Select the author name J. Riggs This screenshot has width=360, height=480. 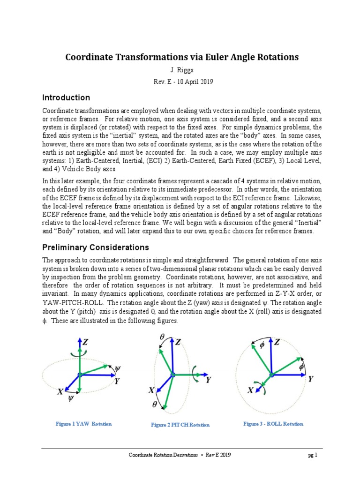(x=180, y=71)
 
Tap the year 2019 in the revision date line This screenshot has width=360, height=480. (x=206, y=82)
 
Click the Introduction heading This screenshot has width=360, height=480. (x=66, y=98)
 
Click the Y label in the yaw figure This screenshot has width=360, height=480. (x=117, y=381)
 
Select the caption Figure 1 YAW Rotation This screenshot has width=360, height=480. (x=83, y=424)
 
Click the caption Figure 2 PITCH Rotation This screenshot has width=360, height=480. (x=180, y=425)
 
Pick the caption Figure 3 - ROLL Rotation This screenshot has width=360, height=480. (x=273, y=424)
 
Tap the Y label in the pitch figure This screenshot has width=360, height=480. (x=208, y=380)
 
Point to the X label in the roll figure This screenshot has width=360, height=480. (x=251, y=390)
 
